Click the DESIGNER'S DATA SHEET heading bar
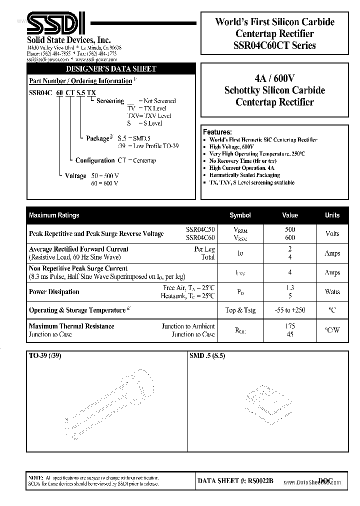[111, 69]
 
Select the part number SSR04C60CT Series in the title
[275, 45]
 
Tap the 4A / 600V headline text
[274, 78]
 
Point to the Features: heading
[217, 132]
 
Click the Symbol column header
[240, 215]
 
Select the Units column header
[332, 215]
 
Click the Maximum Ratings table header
[54, 215]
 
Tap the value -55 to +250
[290, 310]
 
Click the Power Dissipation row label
[54, 291]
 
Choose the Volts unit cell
[332, 233]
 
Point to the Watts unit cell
[332, 291]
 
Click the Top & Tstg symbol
[240, 310]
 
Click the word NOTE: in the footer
[36, 478]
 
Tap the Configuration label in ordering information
[95, 160]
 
